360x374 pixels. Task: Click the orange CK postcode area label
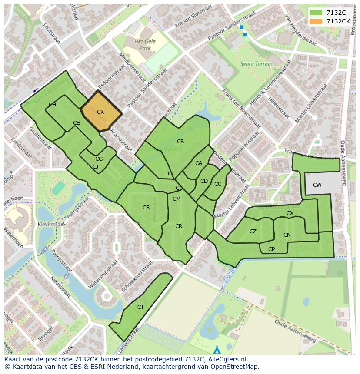[x=100, y=112]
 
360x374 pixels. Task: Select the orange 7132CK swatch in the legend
[x=316, y=21]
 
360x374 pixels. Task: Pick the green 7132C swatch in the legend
[x=316, y=13]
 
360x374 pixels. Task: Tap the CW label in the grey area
[x=317, y=185]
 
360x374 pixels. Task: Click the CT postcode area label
[x=140, y=307]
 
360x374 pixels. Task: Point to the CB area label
[x=180, y=142]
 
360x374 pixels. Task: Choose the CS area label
[x=146, y=208]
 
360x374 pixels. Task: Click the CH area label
[x=52, y=105]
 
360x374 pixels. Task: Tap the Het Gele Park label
[x=142, y=45]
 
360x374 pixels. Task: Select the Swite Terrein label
[x=257, y=64]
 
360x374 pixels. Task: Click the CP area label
[x=272, y=249]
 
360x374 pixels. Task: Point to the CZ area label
[x=253, y=232]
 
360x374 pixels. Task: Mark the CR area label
[x=179, y=226]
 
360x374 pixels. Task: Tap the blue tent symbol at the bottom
[x=217, y=350]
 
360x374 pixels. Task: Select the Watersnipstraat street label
[x=103, y=275]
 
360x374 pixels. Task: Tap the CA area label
[x=199, y=163]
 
